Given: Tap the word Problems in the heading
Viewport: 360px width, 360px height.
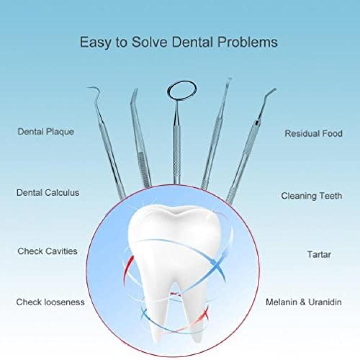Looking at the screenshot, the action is pyautogui.click(x=248, y=42).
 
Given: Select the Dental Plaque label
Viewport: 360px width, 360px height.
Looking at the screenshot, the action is pyautogui.click(x=46, y=132).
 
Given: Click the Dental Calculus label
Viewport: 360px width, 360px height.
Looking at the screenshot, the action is pyautogui.click(x=48, y=192).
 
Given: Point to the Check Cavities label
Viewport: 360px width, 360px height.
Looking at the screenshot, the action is pyautogui.click(x=48, y=251).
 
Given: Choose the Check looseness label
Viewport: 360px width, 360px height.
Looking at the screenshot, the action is pyautogui.click(x=50, y=302).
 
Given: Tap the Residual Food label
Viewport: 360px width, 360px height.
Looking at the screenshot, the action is pyautogui.click(x=313, y=133).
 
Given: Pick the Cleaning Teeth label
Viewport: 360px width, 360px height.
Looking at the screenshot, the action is pyautogui.click(x=312, y=196).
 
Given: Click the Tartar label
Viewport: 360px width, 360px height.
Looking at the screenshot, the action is pyautogui.click(x=319, y=254).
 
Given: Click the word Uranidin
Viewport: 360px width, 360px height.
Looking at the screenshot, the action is pyautogui.click(x=324, y=302).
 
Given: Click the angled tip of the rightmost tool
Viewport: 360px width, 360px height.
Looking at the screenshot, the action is pyautogui.click(x=275, y=89).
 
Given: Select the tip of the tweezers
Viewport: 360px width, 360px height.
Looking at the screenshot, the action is pyautogui.click(x=136, y=89).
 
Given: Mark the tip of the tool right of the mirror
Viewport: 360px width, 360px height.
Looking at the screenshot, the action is pyautogui.click(x=230, y=79).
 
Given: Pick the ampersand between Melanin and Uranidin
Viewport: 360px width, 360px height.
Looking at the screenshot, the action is pyautogui.click(x=303, y=302).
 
